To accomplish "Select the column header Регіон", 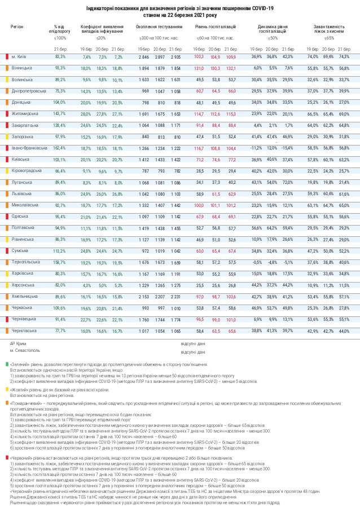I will click(17, 27).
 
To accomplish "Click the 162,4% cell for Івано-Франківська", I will click(60, 148).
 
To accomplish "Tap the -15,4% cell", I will click(288, 148).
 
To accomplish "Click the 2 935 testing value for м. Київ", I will click(175, 57).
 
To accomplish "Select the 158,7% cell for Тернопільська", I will click(60, 262).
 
